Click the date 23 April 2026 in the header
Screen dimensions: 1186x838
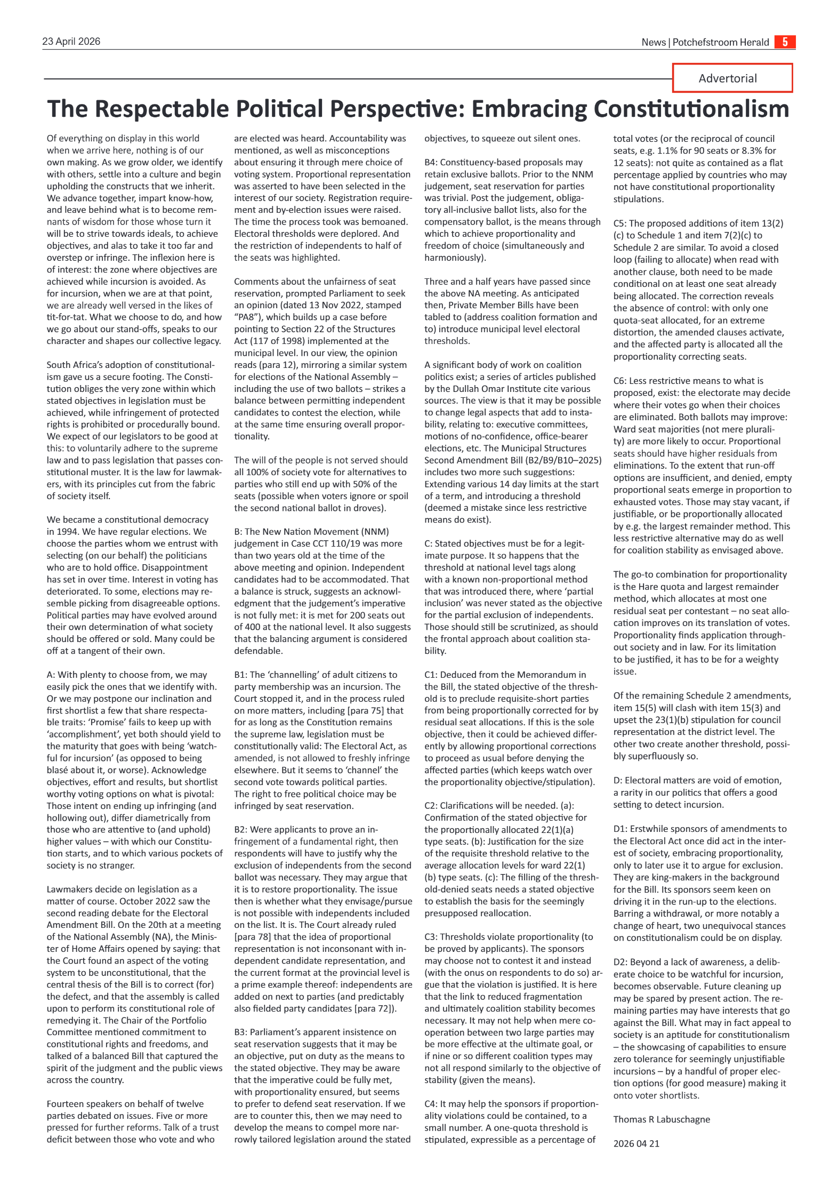71,42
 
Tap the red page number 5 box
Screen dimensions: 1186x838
785,42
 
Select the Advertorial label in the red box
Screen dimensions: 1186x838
727,78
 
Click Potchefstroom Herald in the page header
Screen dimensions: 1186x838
720,42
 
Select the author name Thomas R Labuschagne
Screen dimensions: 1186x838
661,1119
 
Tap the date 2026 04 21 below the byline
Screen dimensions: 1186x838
636,1143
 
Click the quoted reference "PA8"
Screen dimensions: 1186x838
249,317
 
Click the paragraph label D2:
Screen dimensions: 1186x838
620,962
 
